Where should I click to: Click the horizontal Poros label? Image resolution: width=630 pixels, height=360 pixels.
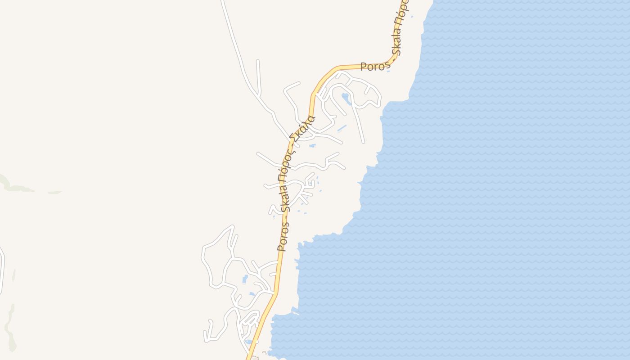point(375,67)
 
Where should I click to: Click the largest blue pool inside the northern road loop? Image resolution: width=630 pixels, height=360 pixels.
point(346,99)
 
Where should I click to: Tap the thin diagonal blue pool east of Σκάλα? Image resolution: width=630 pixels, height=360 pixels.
point(342,129)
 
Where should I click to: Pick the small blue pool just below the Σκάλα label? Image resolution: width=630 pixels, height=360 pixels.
point(312,146)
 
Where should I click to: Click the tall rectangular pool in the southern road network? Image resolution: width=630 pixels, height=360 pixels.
point(245,279)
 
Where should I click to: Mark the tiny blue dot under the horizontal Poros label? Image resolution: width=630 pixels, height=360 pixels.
point(388,72)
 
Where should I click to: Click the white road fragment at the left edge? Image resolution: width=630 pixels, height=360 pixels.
point(2,270)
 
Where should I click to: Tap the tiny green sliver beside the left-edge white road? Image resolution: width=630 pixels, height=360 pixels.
point(14,275)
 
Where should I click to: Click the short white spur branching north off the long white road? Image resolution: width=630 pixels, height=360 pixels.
point(258,76)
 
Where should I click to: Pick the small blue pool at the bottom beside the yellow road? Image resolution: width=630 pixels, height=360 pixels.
point(249,341)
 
